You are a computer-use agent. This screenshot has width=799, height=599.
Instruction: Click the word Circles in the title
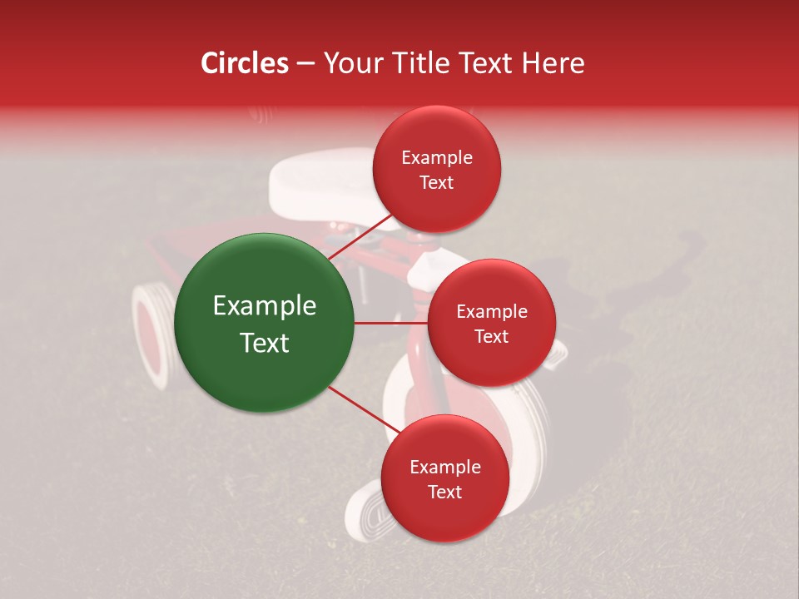coord(245,63)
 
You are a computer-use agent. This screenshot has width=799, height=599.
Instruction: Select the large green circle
coord(265,323)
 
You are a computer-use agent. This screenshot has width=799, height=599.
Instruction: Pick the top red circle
coord(436,170)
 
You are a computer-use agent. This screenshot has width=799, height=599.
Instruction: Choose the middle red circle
coord(491,323)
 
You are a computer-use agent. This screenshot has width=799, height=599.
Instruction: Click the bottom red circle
coord(444,478)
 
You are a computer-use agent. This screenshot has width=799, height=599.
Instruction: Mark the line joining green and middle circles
coord(390,323)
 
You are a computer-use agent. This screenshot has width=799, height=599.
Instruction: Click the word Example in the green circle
coord(265,306)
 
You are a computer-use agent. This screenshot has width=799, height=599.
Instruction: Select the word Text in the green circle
coord(265,343)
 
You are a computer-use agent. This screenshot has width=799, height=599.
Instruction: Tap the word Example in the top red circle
coord(437,158)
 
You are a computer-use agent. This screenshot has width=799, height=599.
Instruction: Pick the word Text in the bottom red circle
coord(444,492)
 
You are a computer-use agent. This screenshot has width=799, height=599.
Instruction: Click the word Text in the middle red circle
coord(491,336)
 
